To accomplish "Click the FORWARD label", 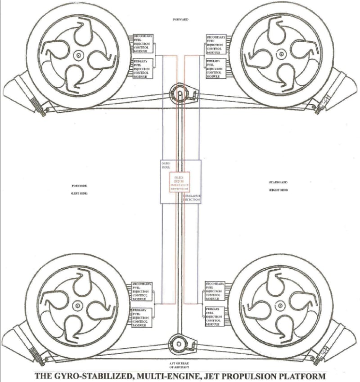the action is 180,20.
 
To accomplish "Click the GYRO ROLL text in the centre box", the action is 166,166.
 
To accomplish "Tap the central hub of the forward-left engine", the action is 78,55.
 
